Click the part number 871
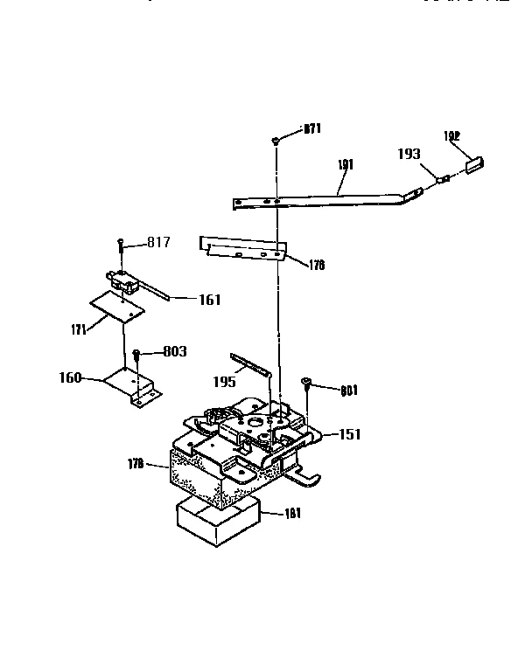pyautogui.click(x=312, y=129)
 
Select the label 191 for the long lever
pyautogui.click(x=347, y=163)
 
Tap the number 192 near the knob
pyautogui.click(x=451, y=135)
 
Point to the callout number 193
pyautogui.click(x=408, y=155)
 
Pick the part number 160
pyautogui.click(x=70, y=378)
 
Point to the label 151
pyautogui.click(x=349, y=434)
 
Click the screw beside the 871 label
pyautogui.click(x=276, y=139)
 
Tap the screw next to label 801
pyautogui.click(x=306, y=382)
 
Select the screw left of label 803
pyautogui.click(x=137, y=354)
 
